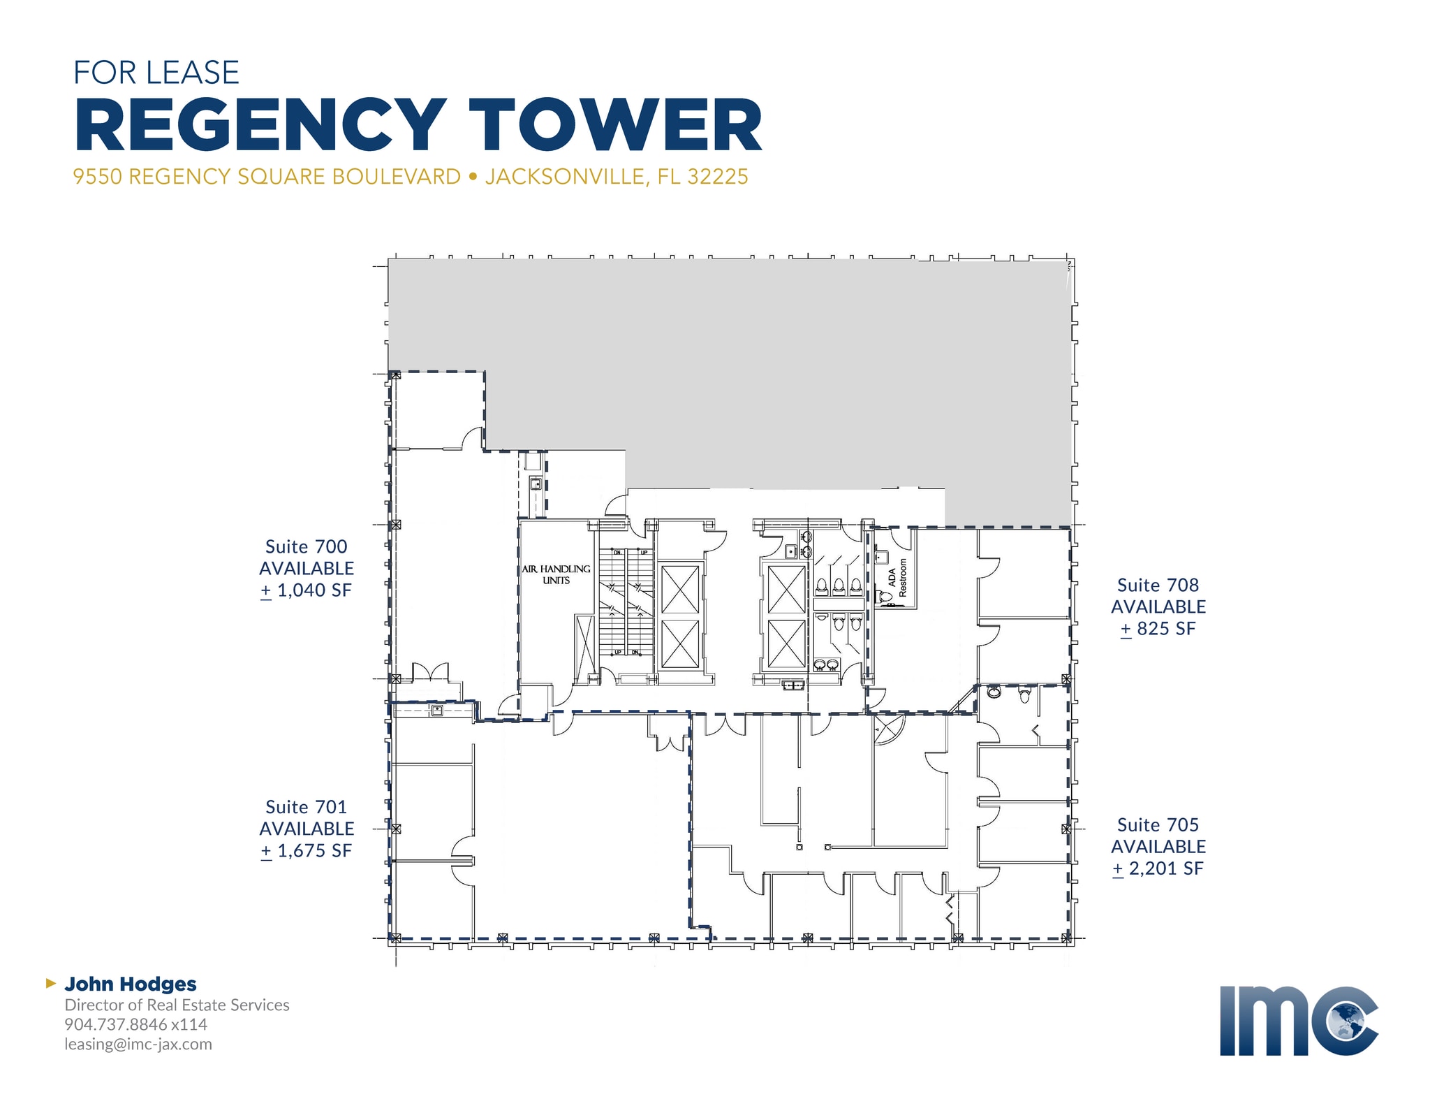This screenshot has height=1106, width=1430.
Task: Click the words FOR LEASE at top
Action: click(x=156, y=73)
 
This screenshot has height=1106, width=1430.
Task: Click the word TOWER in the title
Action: click(x=614, y=126)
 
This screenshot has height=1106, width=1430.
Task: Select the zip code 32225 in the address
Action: click(x=717, y=177)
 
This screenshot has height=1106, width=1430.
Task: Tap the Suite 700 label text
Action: click(x=306, y=546)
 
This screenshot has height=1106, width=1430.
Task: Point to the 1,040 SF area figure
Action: click(x=314, y=590)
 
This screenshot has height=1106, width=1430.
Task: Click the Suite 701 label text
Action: click(x=306, y=807)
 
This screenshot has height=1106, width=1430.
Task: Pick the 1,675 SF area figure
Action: click(x=314, y=851)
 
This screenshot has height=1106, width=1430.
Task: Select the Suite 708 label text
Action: click(x=1158, y=585)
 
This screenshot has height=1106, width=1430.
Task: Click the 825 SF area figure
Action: click(x=1165, y=629)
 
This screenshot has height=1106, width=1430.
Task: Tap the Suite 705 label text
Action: click(x=1158, y=824)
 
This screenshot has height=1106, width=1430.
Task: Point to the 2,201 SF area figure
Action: click(x=1165, y=868)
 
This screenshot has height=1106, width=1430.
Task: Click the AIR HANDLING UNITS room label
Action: click(x=556, y=574)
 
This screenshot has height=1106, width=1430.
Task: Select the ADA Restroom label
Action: click(x=897, y=578)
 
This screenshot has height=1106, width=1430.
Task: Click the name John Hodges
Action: click(x=131, y=984)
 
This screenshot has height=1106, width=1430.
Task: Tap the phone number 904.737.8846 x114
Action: click(x=136, y=1024)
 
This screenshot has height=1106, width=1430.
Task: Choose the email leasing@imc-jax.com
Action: click(x=138, y=1044)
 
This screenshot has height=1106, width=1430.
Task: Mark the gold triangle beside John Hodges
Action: click(x=50, y=983)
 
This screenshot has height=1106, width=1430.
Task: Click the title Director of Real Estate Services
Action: click(x=177, y=1005)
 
